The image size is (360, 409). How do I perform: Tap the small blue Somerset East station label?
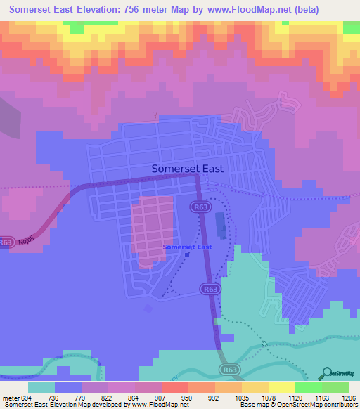point(187,247)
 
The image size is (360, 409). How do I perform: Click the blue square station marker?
point(186,255)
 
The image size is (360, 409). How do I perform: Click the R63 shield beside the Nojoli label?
point(6,241)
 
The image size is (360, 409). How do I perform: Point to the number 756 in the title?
point(136,10)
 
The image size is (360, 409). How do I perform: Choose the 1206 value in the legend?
point(349,397)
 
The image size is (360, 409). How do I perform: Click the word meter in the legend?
point(12,397)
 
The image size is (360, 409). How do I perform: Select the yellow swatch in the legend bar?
point(281,387)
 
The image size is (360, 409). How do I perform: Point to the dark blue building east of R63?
point(221,226)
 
